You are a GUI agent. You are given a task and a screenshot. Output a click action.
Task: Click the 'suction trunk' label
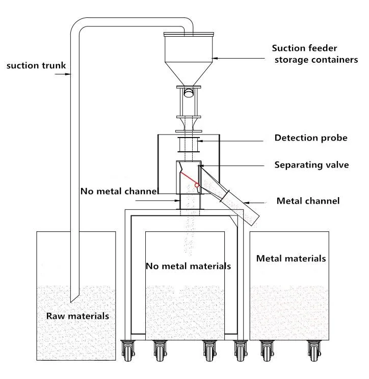37,65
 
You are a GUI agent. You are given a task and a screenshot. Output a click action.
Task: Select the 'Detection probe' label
310,138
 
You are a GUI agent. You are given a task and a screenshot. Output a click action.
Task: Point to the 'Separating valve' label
311,165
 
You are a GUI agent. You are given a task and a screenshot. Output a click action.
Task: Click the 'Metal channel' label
307,201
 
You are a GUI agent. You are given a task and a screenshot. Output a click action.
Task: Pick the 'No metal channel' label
119,191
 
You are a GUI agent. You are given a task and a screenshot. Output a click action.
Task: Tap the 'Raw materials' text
77,316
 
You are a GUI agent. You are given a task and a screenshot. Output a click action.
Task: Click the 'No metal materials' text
188,266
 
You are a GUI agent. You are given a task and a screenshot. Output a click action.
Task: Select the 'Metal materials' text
291,258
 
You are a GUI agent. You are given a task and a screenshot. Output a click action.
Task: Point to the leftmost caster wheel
127,350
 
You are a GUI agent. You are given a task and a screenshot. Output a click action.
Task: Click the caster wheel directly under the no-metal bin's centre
208,350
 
